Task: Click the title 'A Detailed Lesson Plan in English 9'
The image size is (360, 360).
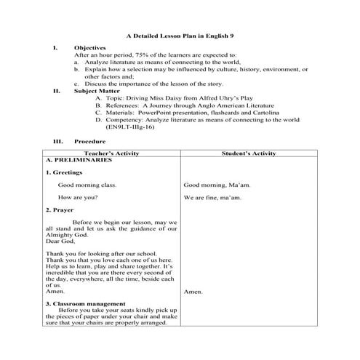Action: (x=179, y=35)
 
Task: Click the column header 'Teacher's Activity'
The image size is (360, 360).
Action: (x=111, y=154)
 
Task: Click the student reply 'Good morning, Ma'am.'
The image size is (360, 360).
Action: (x=217, y=185)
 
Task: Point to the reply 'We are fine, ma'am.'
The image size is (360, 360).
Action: (x=215, y=197)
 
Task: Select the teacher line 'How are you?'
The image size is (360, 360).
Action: (x=77, y=197)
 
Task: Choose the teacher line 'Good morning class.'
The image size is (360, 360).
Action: (x=87, y=185)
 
